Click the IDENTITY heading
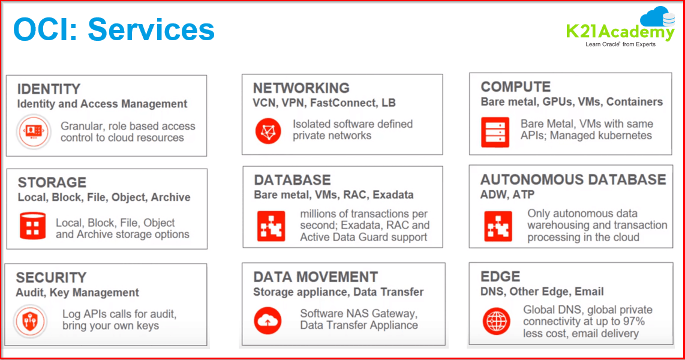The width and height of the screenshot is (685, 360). [x=49, y=89]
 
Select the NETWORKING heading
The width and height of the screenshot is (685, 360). [x=301, y=88]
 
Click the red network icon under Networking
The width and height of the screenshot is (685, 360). [x=268, y=130]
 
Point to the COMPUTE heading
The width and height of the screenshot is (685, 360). [x=515, y=87]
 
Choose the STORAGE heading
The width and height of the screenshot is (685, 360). [x=52, y=182]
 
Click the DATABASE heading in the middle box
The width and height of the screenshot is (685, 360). [x=292, y=180]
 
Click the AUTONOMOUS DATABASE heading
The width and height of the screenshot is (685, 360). [x=573, y=179]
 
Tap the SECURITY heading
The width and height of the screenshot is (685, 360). [x=51, y=278]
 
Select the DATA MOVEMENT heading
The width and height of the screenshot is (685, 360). [x=316, y=277]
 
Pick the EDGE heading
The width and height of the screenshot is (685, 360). [x=500, y=277]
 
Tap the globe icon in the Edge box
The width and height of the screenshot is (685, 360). [x=497, y=321]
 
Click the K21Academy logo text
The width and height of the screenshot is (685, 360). [x=620, y=31]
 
